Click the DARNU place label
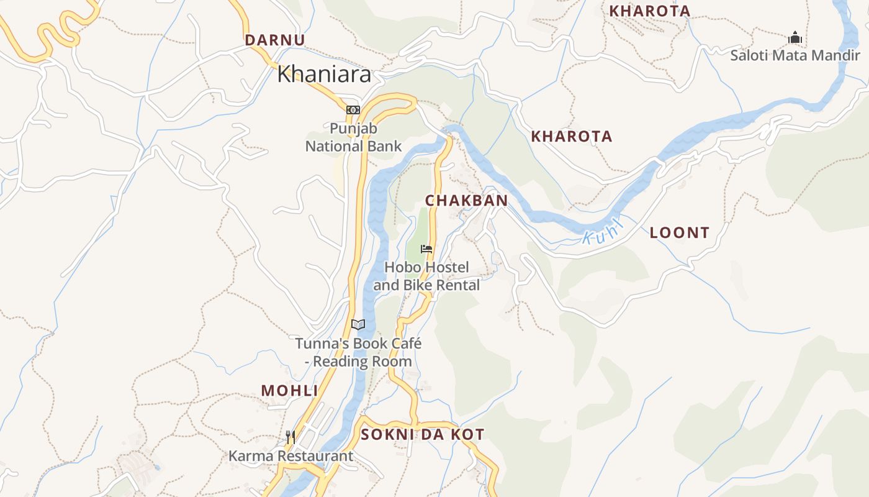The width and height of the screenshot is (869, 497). click(x=275, y=40)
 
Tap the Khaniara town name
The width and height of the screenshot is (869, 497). click(x=324, y=75)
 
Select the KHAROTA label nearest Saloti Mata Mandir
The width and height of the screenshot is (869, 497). click(x=649, y=11)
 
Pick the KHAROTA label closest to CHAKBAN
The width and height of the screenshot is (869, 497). click(x=571, y=137)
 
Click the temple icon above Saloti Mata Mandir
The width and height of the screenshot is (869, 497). click(x=795, y=38)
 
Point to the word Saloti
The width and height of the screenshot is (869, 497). click(x=750, y=55)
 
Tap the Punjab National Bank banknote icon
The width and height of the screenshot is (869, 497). click(x=353, y=110)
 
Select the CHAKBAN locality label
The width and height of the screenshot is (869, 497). click(x=466, y=201)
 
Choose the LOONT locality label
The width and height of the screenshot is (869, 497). click(x=679, y=233)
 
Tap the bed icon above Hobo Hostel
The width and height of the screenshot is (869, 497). click(x=426, y=249)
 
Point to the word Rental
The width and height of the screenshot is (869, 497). click(x=458, y=286)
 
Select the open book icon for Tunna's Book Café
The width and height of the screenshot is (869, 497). click(x=358, y=324)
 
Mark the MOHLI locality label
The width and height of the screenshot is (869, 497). click(x=289, y=391)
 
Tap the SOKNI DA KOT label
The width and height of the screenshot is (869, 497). click(x=422, y=435)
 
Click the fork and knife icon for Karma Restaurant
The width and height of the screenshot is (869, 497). click(x=290, y=437)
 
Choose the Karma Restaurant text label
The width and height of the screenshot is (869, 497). click(x=290, y=456)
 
